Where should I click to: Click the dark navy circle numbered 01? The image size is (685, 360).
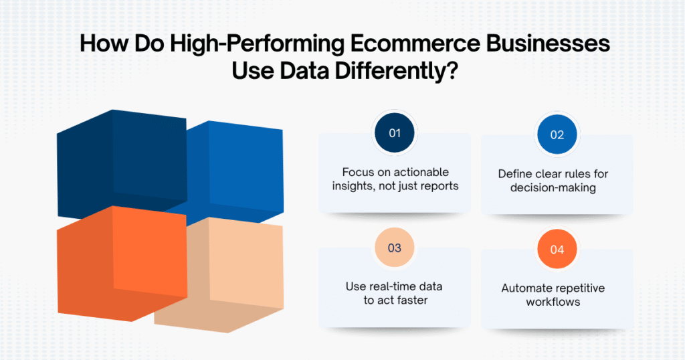[x=395, y=132]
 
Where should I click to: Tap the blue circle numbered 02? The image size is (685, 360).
[x=557, y=134]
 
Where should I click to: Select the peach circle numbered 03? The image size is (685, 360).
[x=395, y=248]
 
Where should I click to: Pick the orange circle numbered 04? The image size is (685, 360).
[x=557, y=250]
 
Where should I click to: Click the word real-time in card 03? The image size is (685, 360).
[x=395, y=286]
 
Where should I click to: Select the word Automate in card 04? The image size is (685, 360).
[x=526, y=288]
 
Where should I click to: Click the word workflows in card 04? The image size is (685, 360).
[x=557, y=302]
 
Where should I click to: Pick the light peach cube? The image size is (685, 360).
[x=227, y=274]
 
